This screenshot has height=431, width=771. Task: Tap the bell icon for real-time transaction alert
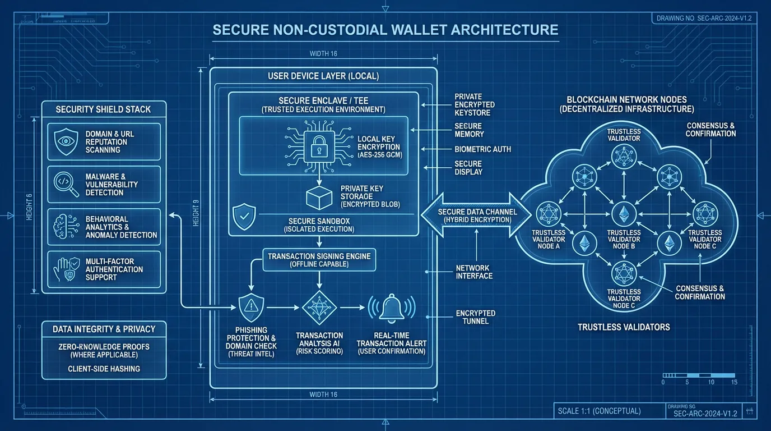[392, 308]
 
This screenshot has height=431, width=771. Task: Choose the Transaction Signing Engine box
[319, 260]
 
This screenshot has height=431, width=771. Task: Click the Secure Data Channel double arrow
[475, 215]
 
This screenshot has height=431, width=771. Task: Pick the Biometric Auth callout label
[482, 149]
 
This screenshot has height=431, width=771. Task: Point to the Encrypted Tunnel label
[475, 317]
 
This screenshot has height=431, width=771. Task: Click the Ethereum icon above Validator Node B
[623, 213]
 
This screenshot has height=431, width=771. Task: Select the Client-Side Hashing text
[104, 369]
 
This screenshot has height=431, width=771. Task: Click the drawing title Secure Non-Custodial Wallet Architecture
[386, 30]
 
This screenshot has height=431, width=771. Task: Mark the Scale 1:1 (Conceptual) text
[599, 411]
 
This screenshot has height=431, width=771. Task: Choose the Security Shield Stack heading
[103, 109]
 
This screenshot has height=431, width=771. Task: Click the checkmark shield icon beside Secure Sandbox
[244, 217]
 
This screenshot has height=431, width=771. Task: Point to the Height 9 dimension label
[195, 213]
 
